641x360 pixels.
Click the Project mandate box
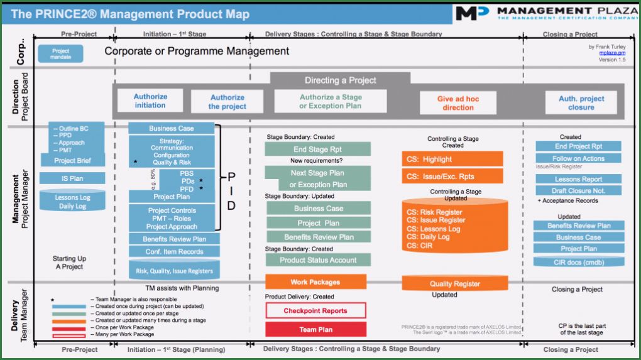point(60,54)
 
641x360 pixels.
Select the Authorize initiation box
point(150,101)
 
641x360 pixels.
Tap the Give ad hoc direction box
point(458,103)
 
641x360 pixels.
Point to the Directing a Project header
point(340,80)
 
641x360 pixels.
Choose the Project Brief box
point(72,160)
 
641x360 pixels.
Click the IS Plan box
point(72,178)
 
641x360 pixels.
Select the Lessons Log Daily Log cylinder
point(72,201)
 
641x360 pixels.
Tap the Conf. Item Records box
point(174,252)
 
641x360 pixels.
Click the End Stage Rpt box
point(317,150)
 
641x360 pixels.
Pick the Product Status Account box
point(317,260)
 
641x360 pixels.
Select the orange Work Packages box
point(315,282)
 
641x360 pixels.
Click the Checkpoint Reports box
point(315,310)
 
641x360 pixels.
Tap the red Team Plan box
point(315,329)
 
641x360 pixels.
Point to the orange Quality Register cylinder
point(454,283)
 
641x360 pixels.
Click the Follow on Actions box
point(578,158)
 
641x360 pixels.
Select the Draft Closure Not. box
point(578,190)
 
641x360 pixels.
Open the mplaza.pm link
point(612,53)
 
